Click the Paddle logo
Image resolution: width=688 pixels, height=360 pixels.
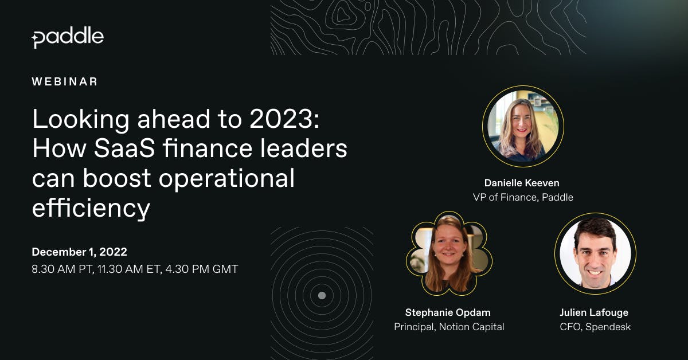[x=68, y=37]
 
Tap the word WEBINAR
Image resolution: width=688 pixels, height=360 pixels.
[x=64, y=82]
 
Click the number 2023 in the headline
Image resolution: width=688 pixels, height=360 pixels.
[x=281, y=119]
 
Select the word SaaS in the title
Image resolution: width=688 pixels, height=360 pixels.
[x=124, y=148]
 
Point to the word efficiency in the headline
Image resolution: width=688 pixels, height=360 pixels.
[x=91, y=209]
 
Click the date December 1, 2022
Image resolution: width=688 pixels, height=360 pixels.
[x=79, y=252]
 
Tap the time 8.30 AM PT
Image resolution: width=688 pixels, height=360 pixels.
[x=62, y=269]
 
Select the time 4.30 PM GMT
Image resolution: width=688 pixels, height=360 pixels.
[x=202, y=269]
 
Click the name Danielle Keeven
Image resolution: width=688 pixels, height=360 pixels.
[x=522, y=183]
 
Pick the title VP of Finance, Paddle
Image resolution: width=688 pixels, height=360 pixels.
[x=523, y=197]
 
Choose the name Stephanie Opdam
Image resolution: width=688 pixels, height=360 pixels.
[x=448, y=312]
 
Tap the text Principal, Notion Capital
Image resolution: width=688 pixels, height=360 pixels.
[x=449, y=327]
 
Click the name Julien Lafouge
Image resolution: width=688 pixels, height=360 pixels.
[x=594, y=312]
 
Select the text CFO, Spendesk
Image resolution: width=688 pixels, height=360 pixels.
[x=595, y=327]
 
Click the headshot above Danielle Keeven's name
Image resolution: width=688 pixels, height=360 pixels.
[x=523, y=126]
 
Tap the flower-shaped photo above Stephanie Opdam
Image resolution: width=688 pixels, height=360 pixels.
[x=449, y=253]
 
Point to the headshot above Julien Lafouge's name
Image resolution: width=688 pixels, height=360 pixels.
[x=595, y=254]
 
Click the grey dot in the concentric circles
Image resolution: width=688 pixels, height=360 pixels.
[x=322, y=295]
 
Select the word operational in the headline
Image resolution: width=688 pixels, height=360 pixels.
[x=226, y=179]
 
